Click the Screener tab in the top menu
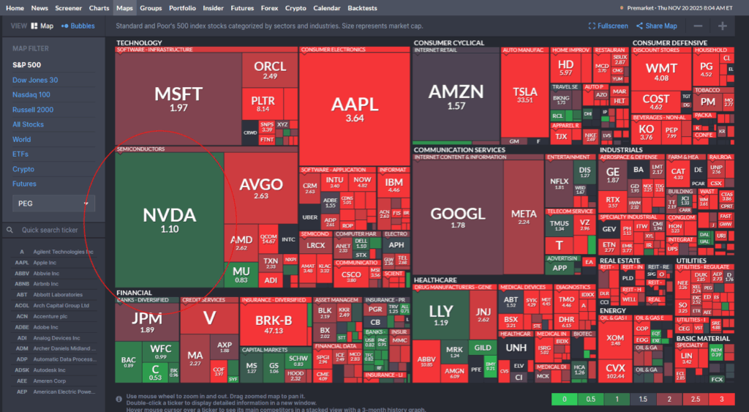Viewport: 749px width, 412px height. [68, 8]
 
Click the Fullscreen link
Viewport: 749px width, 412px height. [608, 26]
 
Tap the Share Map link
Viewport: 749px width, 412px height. [656, 26]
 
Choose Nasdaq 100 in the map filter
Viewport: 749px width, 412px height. [31, 94]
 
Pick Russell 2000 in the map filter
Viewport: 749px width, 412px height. [33, 110]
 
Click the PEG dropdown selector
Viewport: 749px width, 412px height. [53, 203]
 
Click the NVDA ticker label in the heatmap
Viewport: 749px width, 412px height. [169, 215]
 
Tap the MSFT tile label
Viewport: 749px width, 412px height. [178, 94]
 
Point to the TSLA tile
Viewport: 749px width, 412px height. [524, 91]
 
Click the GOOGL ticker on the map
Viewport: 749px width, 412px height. [458, 213]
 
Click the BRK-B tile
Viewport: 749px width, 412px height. [274, 320]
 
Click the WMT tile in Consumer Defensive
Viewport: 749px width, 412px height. [661, 69]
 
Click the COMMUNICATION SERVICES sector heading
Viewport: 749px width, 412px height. [459, 150]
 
